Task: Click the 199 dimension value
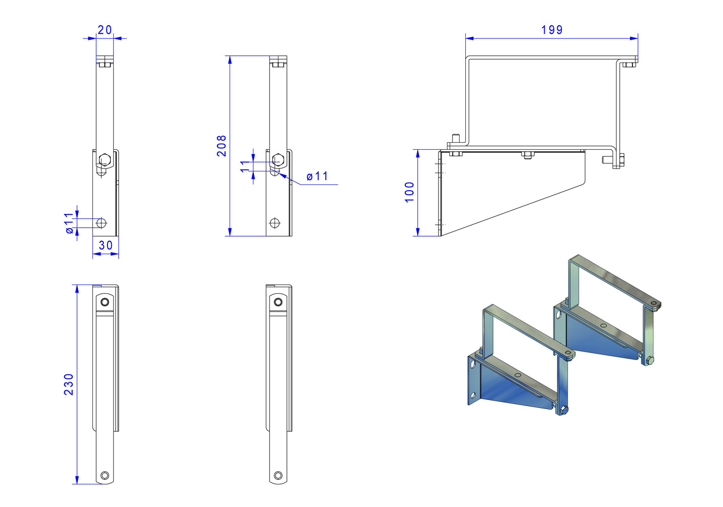552,30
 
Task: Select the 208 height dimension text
222,146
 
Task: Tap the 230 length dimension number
69,384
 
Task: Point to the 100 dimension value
409,192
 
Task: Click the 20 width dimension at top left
105,30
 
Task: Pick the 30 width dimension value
106,246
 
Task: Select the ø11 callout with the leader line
317,177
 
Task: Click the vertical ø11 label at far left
69,223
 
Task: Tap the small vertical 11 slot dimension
245,166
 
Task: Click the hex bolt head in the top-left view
105,159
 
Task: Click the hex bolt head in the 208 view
278,159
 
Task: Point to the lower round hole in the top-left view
101,223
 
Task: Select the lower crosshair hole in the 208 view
275,223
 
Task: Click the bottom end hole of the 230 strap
105,475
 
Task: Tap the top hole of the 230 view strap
105,302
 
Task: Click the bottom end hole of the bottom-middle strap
278,476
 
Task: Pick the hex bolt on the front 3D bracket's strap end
564,410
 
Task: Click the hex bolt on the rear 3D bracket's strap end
650,360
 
